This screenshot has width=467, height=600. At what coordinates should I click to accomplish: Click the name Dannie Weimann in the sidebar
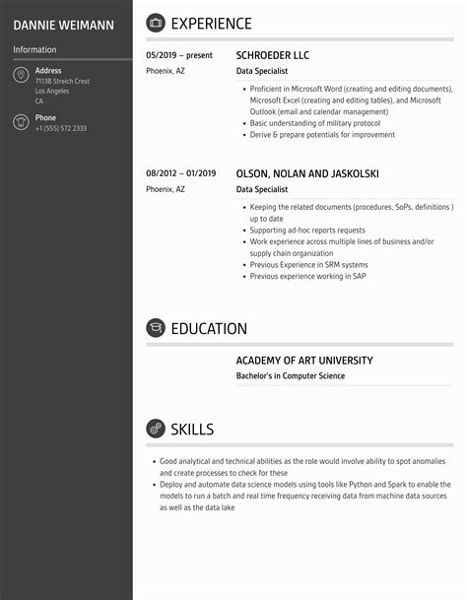(63, 24)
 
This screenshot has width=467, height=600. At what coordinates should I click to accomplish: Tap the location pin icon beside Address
(21, 76)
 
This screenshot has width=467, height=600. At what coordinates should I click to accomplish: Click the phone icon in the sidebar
(21, 122)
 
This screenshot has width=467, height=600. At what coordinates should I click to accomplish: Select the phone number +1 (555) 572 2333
(61, 129)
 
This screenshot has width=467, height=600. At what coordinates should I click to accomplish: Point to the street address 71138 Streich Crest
(62, 81)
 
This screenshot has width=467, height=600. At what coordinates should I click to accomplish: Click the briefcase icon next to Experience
(155, 23)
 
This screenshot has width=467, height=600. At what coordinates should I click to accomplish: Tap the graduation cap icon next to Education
(155, 328)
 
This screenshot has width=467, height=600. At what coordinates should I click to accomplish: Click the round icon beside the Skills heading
(155, 429)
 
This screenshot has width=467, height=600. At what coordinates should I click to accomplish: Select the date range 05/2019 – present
(179, 55)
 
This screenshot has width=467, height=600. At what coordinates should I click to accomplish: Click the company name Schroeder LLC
(273, 55)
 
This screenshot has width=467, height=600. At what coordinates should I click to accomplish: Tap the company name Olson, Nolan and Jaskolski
(307, 173)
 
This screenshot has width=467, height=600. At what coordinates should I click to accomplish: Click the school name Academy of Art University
(304, 361)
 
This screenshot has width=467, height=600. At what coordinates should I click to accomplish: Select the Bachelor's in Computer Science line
(291, 375)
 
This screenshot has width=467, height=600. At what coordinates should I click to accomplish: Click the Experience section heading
(211, 24)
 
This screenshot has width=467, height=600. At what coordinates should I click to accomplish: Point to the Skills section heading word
(192, 429)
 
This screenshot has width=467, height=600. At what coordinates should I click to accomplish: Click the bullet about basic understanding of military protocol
(315, 123)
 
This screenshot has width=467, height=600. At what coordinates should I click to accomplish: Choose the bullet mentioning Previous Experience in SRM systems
(308, 264)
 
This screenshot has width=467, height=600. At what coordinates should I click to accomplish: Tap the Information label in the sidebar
(34, 49)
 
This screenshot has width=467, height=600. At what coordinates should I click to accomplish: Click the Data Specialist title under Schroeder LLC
(262, 71)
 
